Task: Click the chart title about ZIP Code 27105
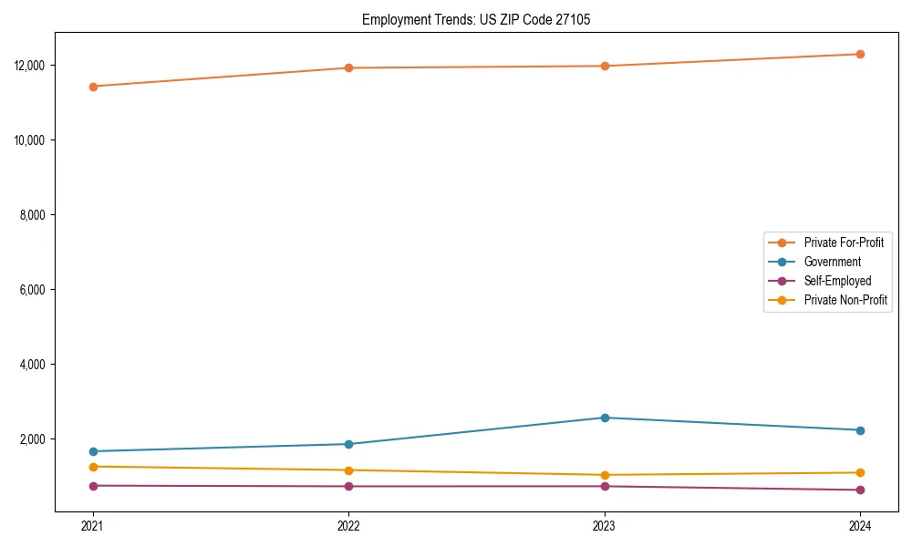475,19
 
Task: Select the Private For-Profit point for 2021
93,87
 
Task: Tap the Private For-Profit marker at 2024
860,54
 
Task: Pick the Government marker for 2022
348,444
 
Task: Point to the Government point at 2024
860,430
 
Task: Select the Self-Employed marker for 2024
860,490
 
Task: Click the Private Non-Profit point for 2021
93,467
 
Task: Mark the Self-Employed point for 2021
93,486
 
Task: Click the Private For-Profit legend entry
844,243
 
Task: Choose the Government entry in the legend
832,262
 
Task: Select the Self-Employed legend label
837,281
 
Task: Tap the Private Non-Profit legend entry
845,300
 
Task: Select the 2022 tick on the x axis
348,525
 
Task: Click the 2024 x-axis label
860,525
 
